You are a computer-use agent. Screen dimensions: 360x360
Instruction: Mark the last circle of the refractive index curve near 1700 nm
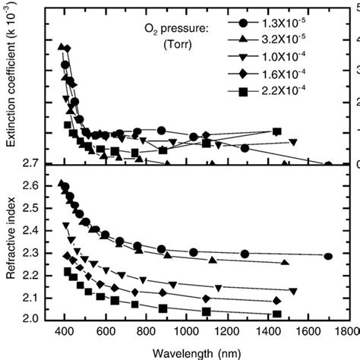pyautogui.click(x=327, y=257)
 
